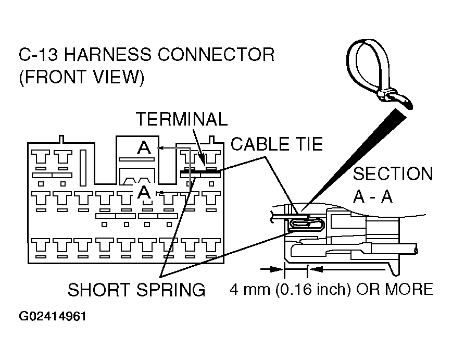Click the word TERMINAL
pyautogui.click(x=182, y=119)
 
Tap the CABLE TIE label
pyautogui.click(x=277, y=144)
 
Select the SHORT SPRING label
pyautogui.click(x=136, y=290)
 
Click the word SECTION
pyautogui.click(x=393, y=173)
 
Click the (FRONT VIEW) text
pyautogui.click(x=81, y=77)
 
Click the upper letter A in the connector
pyautogui.click(x=143, y=148)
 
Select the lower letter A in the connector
pyautogui.click(x=144, y=192)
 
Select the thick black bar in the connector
pyautogui.click(x=200, y=171)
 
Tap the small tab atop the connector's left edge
pyautogui.click(x=62, y=139)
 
